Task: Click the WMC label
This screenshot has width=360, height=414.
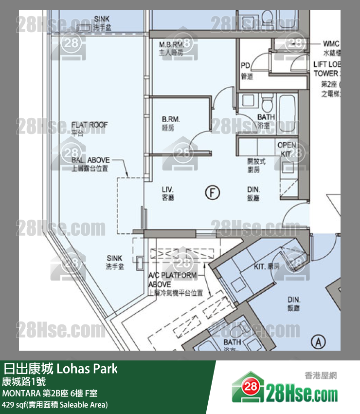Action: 331,44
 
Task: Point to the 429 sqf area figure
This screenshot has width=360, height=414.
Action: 15,405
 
